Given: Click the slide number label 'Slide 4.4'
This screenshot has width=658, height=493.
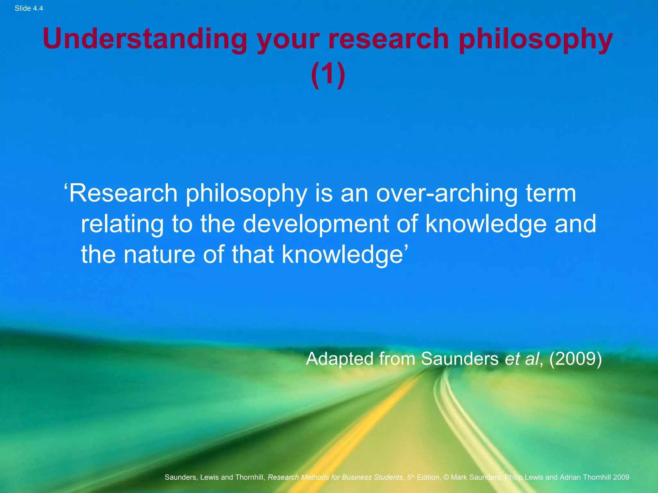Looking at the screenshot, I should tap(29, 8).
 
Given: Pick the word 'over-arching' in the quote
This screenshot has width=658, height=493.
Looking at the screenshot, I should tap(447, 194).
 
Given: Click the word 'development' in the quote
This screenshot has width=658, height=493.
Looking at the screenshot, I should tap(316, 224).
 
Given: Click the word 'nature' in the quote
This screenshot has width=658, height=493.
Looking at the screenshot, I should tap(159, 255).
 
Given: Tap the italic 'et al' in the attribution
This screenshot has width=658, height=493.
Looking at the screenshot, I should tap(521, 359).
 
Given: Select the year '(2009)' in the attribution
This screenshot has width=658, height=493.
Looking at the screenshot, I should tap(575, 359).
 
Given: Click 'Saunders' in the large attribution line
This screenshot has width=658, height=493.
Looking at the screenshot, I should tap(459, 359).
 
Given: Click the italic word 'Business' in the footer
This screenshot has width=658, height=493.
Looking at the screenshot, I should tap(356, 477).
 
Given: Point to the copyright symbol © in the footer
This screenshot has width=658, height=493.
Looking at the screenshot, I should tap(446, 477).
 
